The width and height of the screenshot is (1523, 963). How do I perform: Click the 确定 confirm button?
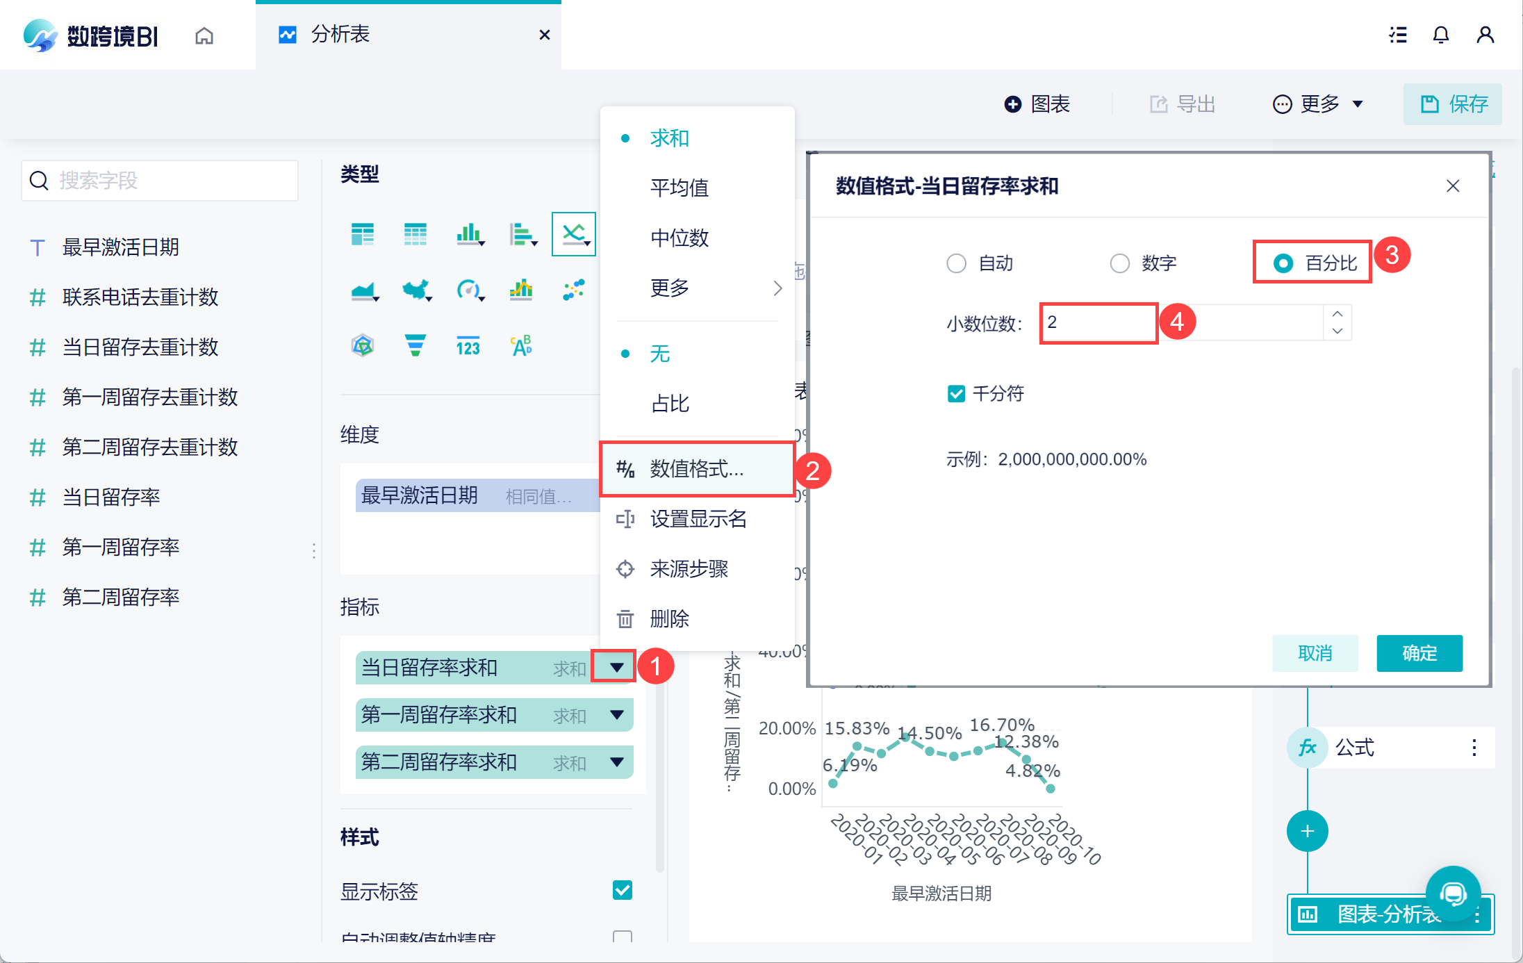(x=1419, y=653)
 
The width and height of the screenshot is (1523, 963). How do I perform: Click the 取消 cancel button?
(x=1315, y=653)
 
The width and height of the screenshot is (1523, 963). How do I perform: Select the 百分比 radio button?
(x=1283, y=263)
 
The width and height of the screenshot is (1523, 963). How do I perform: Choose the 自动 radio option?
(x=957, y=263)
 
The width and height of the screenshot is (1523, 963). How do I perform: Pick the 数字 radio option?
(x=1120, y=263)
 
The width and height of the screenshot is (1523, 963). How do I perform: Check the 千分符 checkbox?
(x=956, y=394)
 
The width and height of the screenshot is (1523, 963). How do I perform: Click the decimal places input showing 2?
(x=1098, y=322)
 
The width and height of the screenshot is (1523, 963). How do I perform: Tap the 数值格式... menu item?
(x=696, y=469)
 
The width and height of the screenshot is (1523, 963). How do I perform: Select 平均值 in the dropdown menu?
(x=679, y=188)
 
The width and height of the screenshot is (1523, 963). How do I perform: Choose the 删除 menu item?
(x=669, y=618)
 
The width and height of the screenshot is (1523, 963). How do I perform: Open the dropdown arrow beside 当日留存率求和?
(x=616, y=668)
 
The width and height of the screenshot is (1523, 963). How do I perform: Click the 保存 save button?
(x=1453, y=104)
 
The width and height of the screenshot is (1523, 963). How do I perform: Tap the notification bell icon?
(x=1441, y=35)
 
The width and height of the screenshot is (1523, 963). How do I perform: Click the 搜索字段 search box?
(x=160, y=181)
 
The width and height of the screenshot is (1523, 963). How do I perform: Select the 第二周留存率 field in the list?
(x=121, y=597)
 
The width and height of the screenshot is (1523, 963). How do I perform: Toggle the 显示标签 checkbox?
(x=623, y=890)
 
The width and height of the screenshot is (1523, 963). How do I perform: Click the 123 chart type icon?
(x=468, y=346)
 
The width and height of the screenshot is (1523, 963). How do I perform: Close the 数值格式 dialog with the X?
(x=1453, y=186)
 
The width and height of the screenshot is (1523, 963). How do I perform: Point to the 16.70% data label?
(x=1002, y=725)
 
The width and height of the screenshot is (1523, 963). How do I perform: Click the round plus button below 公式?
(x=1307, y=831)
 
